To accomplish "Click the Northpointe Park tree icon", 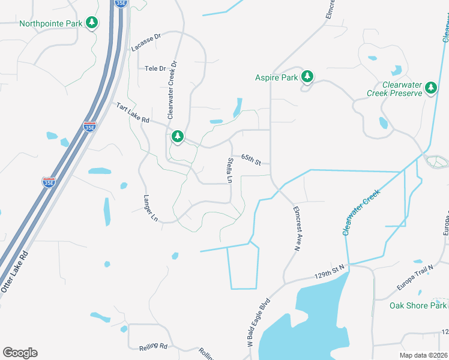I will pos(92,23).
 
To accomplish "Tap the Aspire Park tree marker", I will pos(307,76).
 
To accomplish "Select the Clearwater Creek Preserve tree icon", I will pos(430,88).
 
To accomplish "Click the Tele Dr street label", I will pos(155,68).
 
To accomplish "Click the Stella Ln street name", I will pos(229,170).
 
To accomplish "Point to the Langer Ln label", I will pos(149,206).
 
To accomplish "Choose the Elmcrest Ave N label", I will pos(297,228).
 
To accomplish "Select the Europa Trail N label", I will pos(415,278).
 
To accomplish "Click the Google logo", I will pos(20,353).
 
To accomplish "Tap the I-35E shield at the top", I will pos(121,3).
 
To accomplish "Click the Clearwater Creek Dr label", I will pos(172,88).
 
